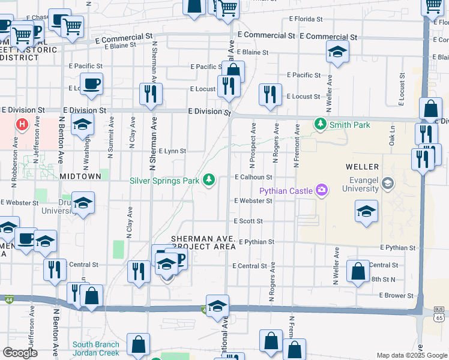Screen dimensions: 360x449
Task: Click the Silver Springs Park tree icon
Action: (x=209, y=179)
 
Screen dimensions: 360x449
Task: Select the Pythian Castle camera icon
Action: (x=322, y=190)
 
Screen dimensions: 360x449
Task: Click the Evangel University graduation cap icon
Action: (x=387, y=182)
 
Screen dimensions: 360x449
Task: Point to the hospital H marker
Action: (x=22, y=125)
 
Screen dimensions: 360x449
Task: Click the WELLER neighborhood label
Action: (x=362, y=166)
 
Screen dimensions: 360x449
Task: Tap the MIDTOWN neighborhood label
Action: (x=80, y=176)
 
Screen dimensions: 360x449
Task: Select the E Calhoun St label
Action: (x=253, y=177)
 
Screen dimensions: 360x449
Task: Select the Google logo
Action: (x=20, y=353)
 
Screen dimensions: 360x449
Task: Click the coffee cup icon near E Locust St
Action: (x=91, y=83)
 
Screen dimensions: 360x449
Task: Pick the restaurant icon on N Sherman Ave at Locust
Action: (x=149, y=93)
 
